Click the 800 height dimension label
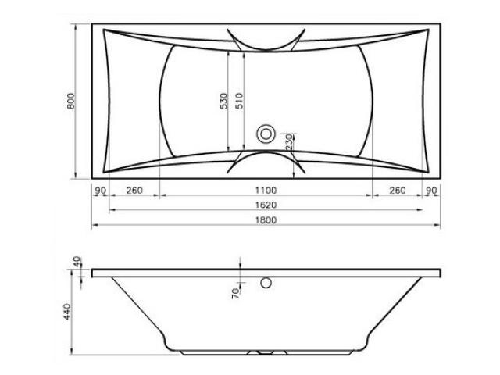click(x=71, y=101)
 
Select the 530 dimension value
click(x=224, y=101)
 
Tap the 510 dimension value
click(x=239, y=101)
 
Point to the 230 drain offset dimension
click(x=289, y=142)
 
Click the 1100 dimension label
click(x=266, y=191)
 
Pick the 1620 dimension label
click(x=266, y=205)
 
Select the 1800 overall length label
click(x=266, y=220)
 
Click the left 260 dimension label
click(x=134, y=191)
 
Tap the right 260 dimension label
click(x=398, y=191)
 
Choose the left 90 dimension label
click(x=101, y=191)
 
